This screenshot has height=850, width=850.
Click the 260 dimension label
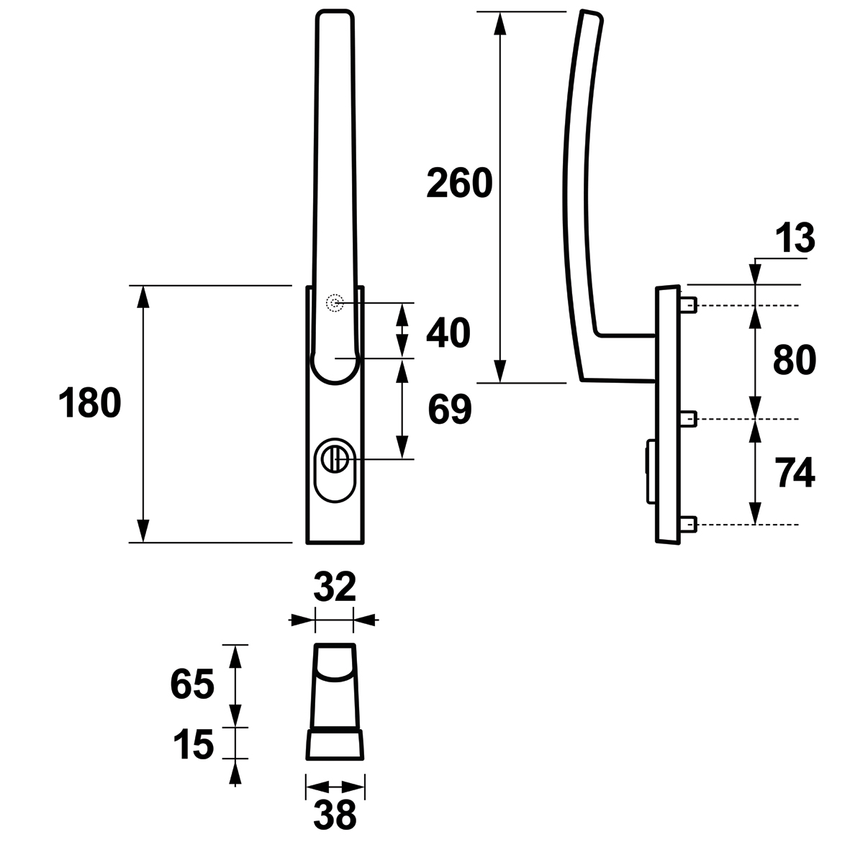pos(459,183)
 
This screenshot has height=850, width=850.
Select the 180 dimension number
pos(90,403)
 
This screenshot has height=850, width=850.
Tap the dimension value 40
pos(448,333)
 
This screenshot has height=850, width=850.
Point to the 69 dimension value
pos(449,410)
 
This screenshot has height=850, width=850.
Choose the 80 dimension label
pos(794,360)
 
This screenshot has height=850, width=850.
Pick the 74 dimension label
pos(795,473)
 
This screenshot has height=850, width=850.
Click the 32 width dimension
pos(335,587)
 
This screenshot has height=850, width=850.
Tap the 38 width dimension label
pos(335,814)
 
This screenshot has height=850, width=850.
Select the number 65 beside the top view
pos(192,684)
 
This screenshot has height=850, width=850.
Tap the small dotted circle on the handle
pos(335,303)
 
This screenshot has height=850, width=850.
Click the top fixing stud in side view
pos(688,305)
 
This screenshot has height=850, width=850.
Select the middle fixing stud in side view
pos(688,418)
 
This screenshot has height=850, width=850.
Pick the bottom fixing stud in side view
pos(688,524)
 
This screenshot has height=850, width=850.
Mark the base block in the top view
pos(335,744)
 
